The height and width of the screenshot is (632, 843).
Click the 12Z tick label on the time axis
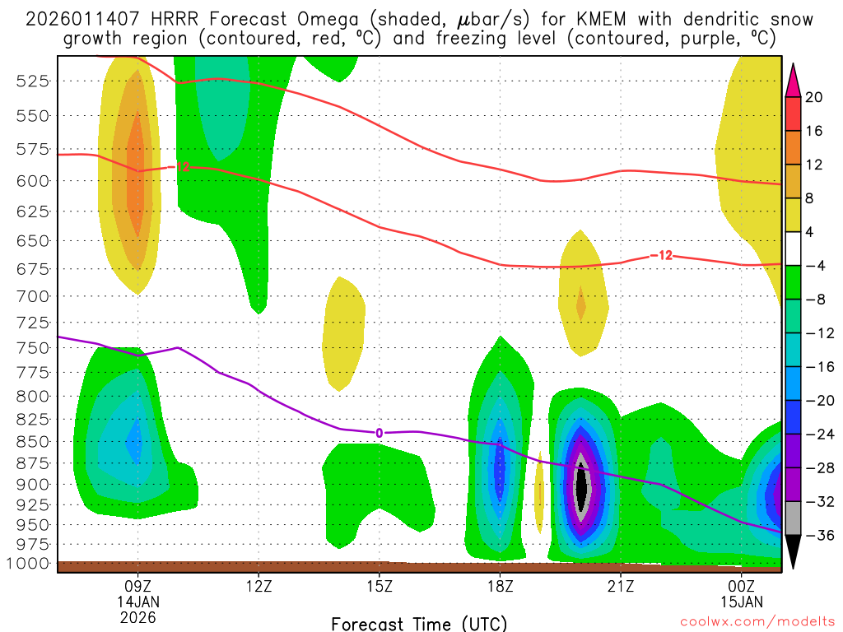pyautogui.click(x=258, y=588)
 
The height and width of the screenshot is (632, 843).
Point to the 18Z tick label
pyautogui.click(x=501, y=588)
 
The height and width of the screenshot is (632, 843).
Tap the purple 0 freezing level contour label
pyautogui.click(x=380, y=433)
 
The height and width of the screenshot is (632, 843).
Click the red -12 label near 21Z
pyautogui.click(x=661, y=255)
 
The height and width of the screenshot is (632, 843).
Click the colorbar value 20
pyautogui.click(x=815, y=97)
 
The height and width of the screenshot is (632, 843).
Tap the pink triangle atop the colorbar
pyautogui.click(x=793, y=79)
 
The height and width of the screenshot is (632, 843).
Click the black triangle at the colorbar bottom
pyautogui.click(x=793, y=551)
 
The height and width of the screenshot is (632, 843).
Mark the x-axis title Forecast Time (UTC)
pyautogui.click(x=419, y=623)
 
